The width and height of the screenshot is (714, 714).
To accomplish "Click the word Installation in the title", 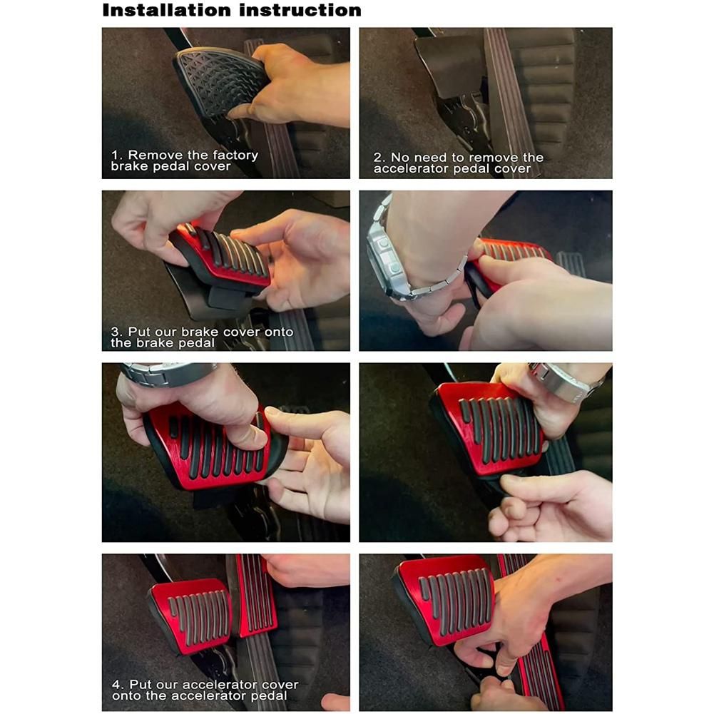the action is (x=167, y=10).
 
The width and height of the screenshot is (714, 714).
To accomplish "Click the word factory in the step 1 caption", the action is (x=230, y=155).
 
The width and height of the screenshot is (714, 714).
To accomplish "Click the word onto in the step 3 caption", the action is (x=279, y=332).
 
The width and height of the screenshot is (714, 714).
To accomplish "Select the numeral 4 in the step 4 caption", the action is (x=116, y=685).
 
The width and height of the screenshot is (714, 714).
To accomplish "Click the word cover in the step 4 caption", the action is (x=279, y=685).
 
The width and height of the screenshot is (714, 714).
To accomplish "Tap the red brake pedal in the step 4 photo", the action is (x=191, y=615).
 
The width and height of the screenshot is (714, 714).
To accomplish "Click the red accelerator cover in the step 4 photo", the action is (x=255, y=596).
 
